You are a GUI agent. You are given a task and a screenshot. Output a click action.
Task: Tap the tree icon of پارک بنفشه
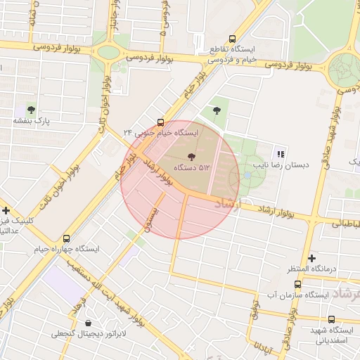[31, 108]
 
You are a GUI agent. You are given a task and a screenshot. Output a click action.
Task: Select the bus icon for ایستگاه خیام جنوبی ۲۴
[161, 122]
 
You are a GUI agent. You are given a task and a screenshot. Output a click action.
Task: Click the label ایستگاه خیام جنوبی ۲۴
[161, 132]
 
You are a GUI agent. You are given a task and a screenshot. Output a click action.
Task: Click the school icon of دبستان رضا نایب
[281, 154]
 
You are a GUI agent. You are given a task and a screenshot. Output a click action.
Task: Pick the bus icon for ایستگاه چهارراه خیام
[67, 239]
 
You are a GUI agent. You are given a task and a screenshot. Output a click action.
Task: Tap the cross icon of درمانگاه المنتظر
[311, 258]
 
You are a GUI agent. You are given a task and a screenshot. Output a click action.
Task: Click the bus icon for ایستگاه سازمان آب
[298, 285]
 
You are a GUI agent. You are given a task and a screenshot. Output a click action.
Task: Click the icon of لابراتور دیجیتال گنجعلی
[87, 323]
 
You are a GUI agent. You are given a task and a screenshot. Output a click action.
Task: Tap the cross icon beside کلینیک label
[6, 210]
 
